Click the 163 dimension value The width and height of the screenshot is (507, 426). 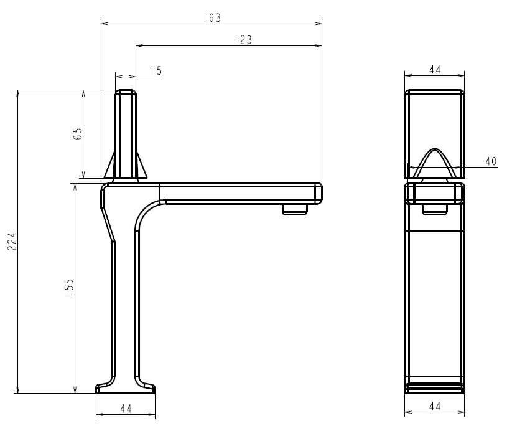(x=212, y=17)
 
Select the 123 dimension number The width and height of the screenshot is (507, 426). (x=243, y=40)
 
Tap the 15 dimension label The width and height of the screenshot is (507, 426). (x=156, y=70)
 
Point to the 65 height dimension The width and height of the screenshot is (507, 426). (x=78, y=133)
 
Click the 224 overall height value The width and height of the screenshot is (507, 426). (x=12, y=241)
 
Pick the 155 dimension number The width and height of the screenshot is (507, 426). (x=69, y=288)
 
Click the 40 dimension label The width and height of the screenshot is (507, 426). (x=491, y=161)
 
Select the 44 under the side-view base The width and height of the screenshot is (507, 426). (x=126, y=409)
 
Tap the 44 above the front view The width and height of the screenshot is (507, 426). (x=435, y=70)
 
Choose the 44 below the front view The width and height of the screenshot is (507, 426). (x=435, y=406)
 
